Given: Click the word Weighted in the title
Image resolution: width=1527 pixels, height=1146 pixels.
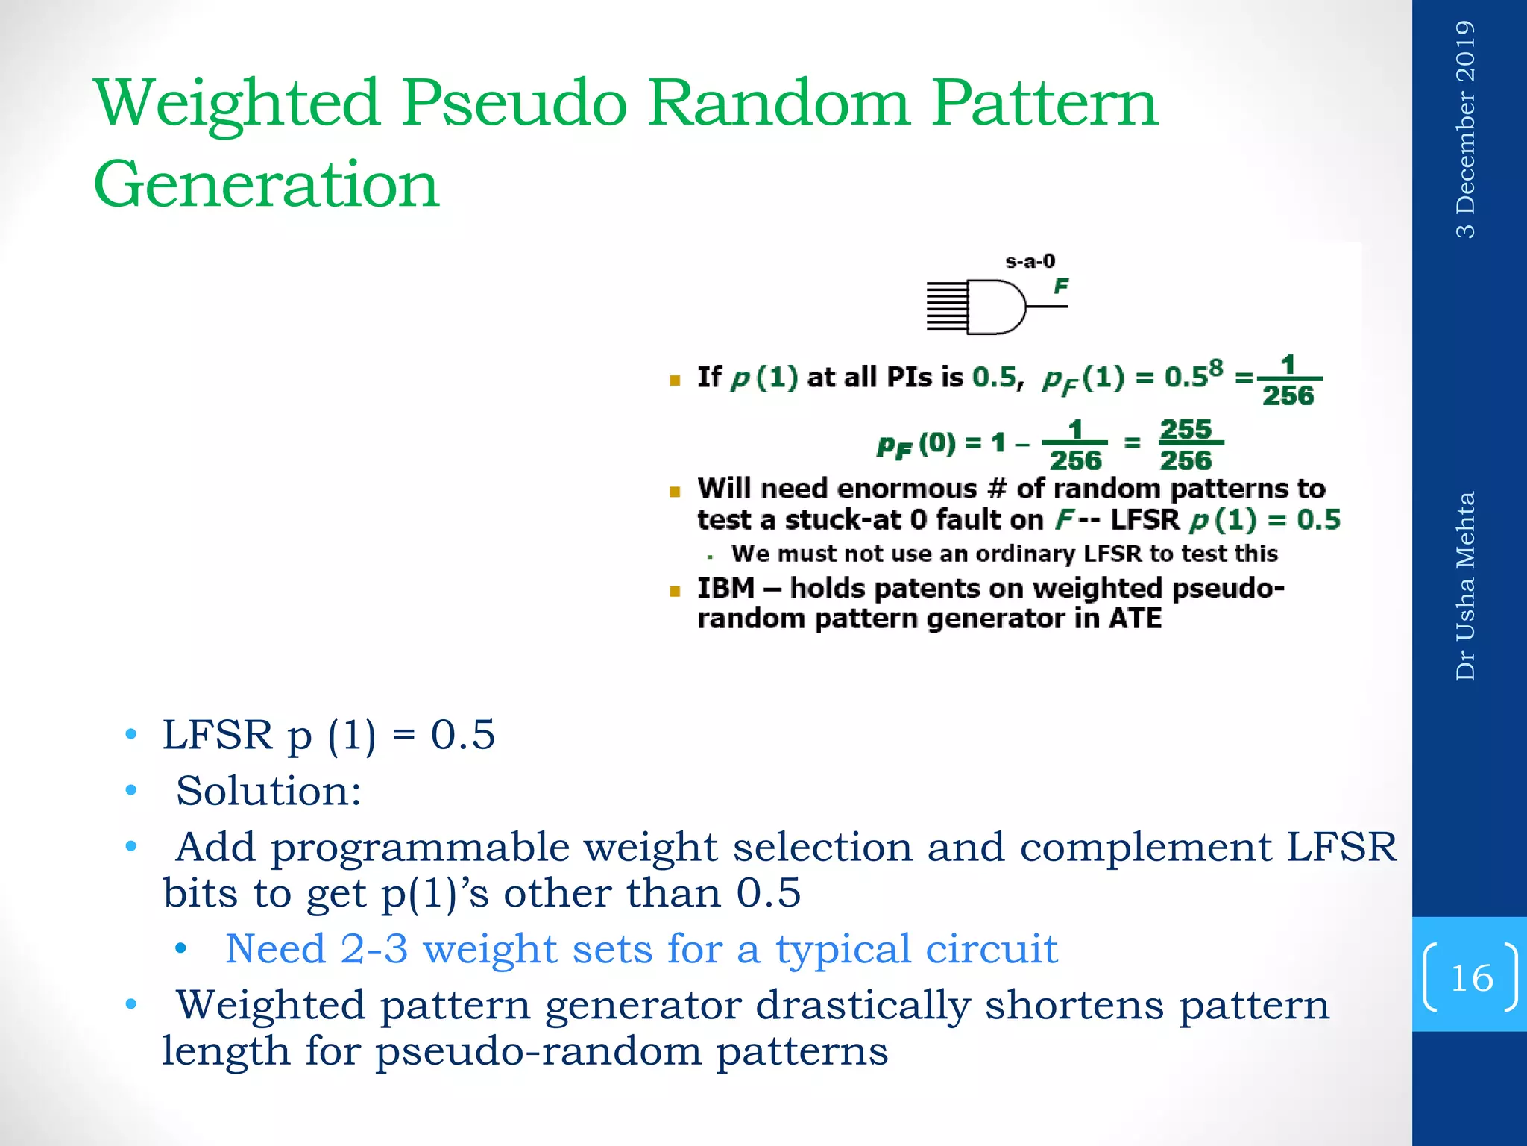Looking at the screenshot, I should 237,104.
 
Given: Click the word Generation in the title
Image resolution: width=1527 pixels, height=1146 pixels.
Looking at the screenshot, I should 266,184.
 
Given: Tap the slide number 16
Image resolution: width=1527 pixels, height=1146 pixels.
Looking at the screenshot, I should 1471,978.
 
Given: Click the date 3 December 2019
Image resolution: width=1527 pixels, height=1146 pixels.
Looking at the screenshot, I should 1465,129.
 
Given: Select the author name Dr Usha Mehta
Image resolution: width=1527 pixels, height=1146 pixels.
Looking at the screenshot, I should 1465,586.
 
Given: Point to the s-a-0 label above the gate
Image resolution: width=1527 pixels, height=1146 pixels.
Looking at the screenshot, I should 1030,261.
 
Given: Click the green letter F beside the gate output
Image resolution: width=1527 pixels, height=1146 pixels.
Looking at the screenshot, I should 1060,285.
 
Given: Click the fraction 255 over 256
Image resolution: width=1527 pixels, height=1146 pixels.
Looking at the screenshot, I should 1186,445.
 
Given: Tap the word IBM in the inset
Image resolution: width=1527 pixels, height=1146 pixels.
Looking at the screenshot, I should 725,589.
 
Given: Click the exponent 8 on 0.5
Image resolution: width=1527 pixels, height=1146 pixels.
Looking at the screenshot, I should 1215,368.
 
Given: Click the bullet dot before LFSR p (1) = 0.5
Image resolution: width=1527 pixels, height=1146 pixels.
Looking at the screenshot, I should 131,735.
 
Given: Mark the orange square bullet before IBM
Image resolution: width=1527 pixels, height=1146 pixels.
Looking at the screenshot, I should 675,592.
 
